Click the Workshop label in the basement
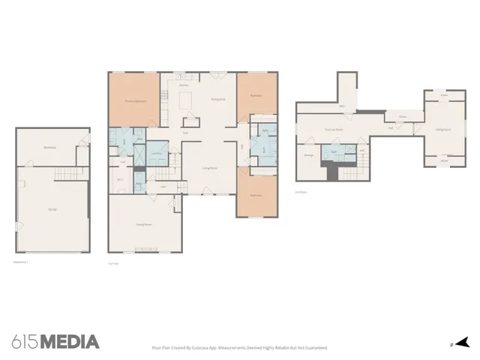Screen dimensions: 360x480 (x=51, y=147)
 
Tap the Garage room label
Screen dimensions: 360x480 (x=52, y=209)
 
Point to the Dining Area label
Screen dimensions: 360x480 (x=218, y=99)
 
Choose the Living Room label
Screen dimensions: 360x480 (x=209, y=169)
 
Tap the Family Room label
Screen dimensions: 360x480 (x=145, y=224)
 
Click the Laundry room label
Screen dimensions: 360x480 (x=157, y=154)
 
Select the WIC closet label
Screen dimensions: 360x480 (x=120, y=179)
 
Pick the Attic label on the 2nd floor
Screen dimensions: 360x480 (x=342, y=106)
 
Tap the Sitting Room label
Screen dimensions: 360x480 (x=443, y=129)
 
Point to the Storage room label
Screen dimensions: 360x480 (x=308, y=155)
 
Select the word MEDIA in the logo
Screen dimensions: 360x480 (x=69, y=342)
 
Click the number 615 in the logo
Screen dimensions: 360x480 (x=25, y=342)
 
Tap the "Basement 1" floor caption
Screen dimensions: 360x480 (x=21, y=262)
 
